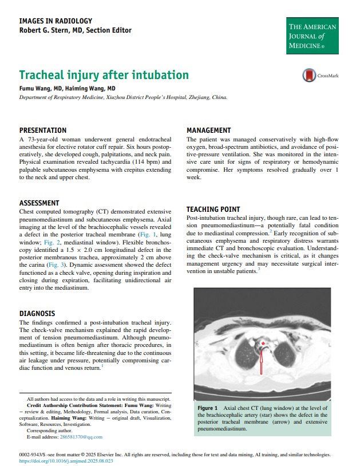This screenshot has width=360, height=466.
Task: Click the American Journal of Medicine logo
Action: tap(312, 35)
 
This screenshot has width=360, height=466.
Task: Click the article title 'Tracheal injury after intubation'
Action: tap(104, 75)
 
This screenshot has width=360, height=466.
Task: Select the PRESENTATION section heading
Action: tap(43, 131)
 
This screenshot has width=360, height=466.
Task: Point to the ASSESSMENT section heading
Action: tap(39, 203)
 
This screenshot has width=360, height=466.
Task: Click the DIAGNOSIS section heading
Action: tap(37, 314)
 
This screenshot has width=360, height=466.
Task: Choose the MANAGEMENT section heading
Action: tap(209, 131)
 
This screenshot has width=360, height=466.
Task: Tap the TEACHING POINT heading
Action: tap(213, 210)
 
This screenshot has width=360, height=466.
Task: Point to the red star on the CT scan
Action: tap(263, 343)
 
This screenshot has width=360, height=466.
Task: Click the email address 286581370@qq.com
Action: tap(77, 437)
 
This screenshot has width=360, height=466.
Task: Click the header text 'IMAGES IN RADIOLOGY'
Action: tap(55, 21)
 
